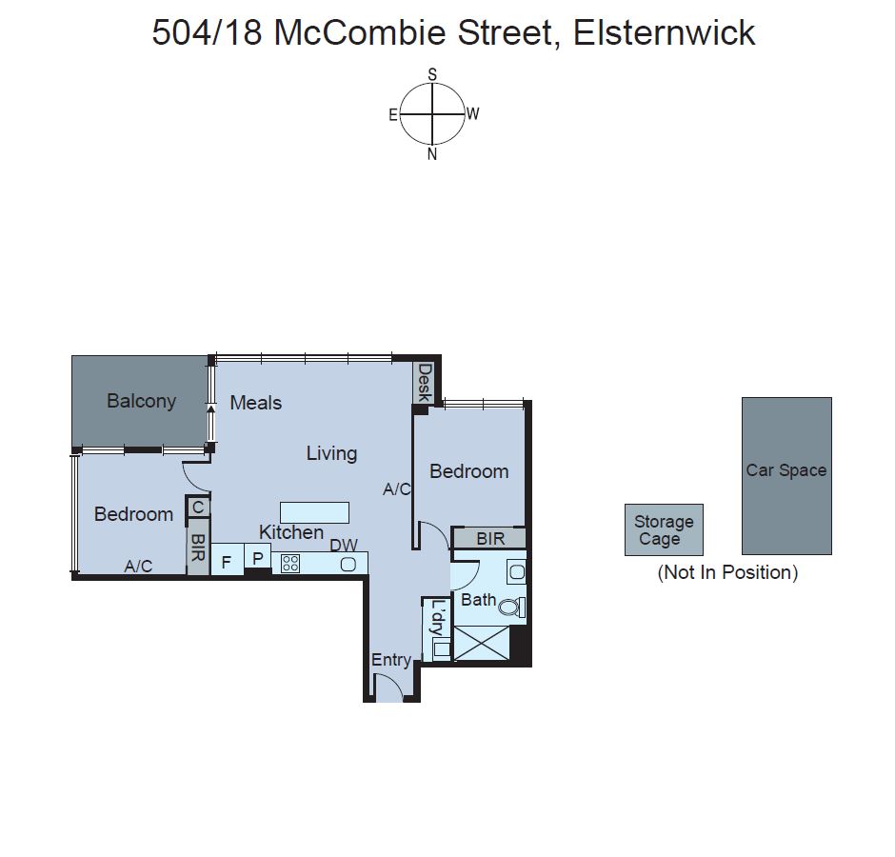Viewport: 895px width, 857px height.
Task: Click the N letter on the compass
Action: tap(432, 154)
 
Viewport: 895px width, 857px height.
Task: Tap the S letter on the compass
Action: tap(432, 73)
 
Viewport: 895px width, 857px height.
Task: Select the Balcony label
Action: tap(141, 401)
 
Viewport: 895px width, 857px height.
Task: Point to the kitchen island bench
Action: tap(314, 512)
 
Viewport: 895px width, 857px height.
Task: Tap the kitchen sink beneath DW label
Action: tap(348, 565)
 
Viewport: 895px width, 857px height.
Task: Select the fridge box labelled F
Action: tap(227, 562)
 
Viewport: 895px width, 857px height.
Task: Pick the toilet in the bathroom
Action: tap(512, 608)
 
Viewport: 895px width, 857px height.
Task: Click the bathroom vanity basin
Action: tap(515, 572)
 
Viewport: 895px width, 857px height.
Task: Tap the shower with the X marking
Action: tap(481, 644)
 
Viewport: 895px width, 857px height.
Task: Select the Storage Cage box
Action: tap(664, 530)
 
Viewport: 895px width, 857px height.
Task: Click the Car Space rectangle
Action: tap(786, 476)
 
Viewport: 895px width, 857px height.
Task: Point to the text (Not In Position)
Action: tap(727, 572)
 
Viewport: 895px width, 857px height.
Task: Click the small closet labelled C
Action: tap(198, 508)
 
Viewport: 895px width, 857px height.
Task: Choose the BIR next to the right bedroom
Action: tap(489, 539)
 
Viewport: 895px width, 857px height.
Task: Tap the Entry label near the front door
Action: tap(390, 660)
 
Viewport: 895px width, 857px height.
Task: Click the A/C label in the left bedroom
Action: tap(139, 566)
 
